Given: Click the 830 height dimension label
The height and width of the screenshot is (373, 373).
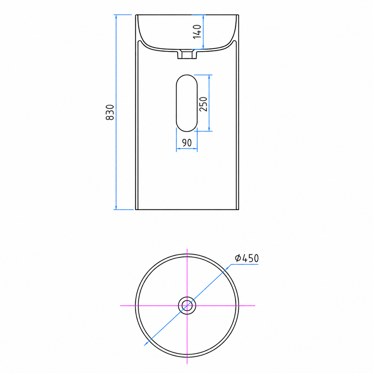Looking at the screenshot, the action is [110, 112].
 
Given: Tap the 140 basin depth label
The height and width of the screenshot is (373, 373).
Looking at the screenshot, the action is [197, 32].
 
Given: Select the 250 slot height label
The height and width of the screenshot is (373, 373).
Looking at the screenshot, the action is [203, 104].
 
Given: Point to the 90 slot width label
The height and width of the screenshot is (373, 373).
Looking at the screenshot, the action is [187, 143].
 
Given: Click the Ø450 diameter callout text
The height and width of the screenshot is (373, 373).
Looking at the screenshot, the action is [247, 258].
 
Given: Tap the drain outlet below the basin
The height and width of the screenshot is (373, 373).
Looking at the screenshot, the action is [187, 54].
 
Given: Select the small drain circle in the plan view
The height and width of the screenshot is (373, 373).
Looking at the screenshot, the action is [187, 306].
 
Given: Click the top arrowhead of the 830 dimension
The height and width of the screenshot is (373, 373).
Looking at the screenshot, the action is [116, 17].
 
